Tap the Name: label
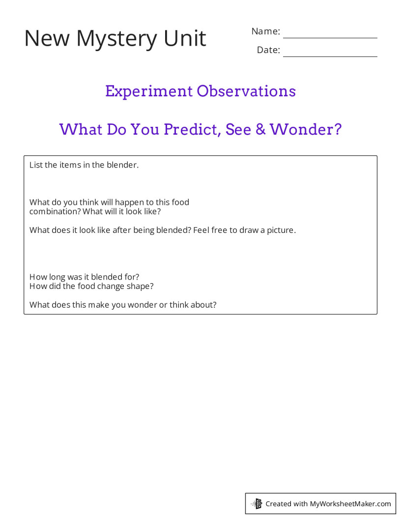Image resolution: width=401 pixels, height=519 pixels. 265,31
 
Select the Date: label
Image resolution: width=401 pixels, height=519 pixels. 268,50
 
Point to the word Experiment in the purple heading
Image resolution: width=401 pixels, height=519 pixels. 148,91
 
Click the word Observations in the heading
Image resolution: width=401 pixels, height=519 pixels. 246,91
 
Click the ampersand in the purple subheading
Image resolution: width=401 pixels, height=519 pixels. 260,130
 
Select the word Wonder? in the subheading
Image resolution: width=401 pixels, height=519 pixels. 306,130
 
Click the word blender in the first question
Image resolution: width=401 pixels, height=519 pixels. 122,165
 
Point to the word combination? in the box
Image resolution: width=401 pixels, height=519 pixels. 55,212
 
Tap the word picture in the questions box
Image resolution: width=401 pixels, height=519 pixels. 281,230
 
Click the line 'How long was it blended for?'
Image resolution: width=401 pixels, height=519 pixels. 85,277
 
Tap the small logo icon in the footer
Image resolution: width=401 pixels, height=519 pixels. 257,503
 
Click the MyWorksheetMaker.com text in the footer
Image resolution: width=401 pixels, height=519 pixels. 350,504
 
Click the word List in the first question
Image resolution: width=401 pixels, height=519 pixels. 36,165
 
